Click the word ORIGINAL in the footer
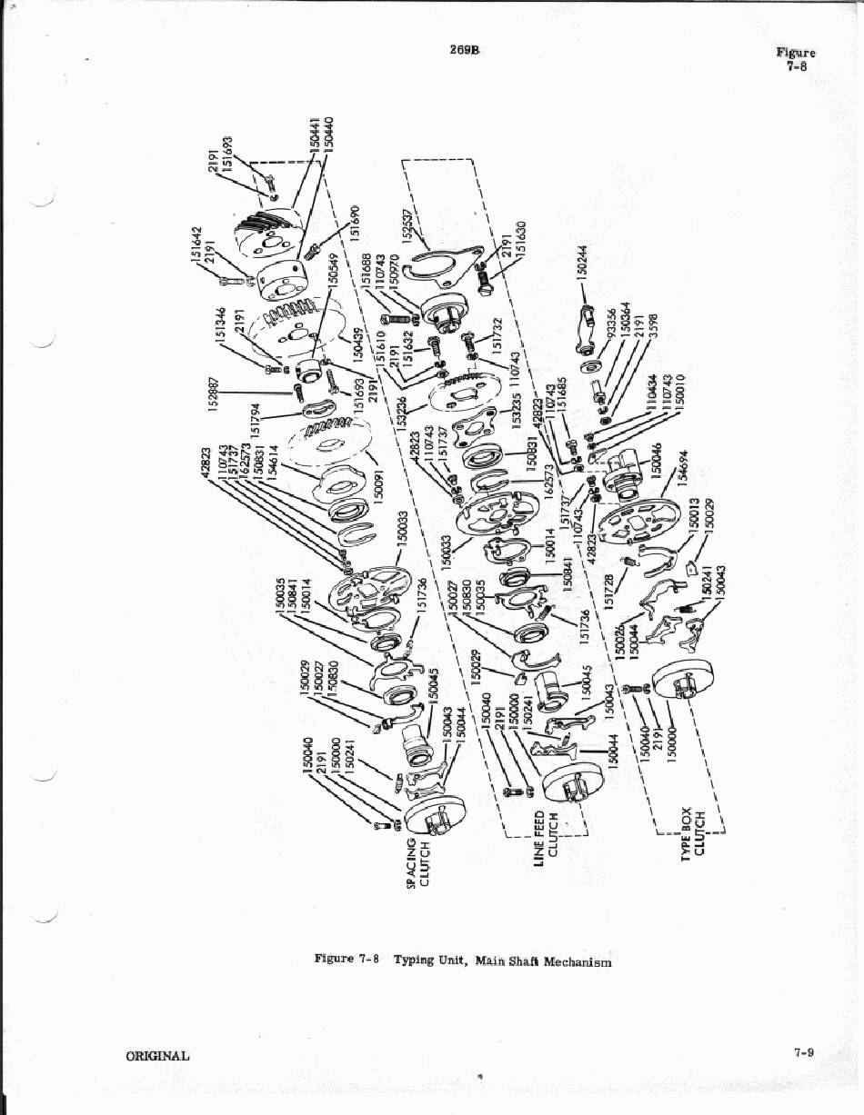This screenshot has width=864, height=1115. pyautogui.click(x=157, y=1055)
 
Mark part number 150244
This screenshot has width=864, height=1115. pyautogui.click(x=583, y=264)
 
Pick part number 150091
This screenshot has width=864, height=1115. pyautogui.click(x=378, y=481)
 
